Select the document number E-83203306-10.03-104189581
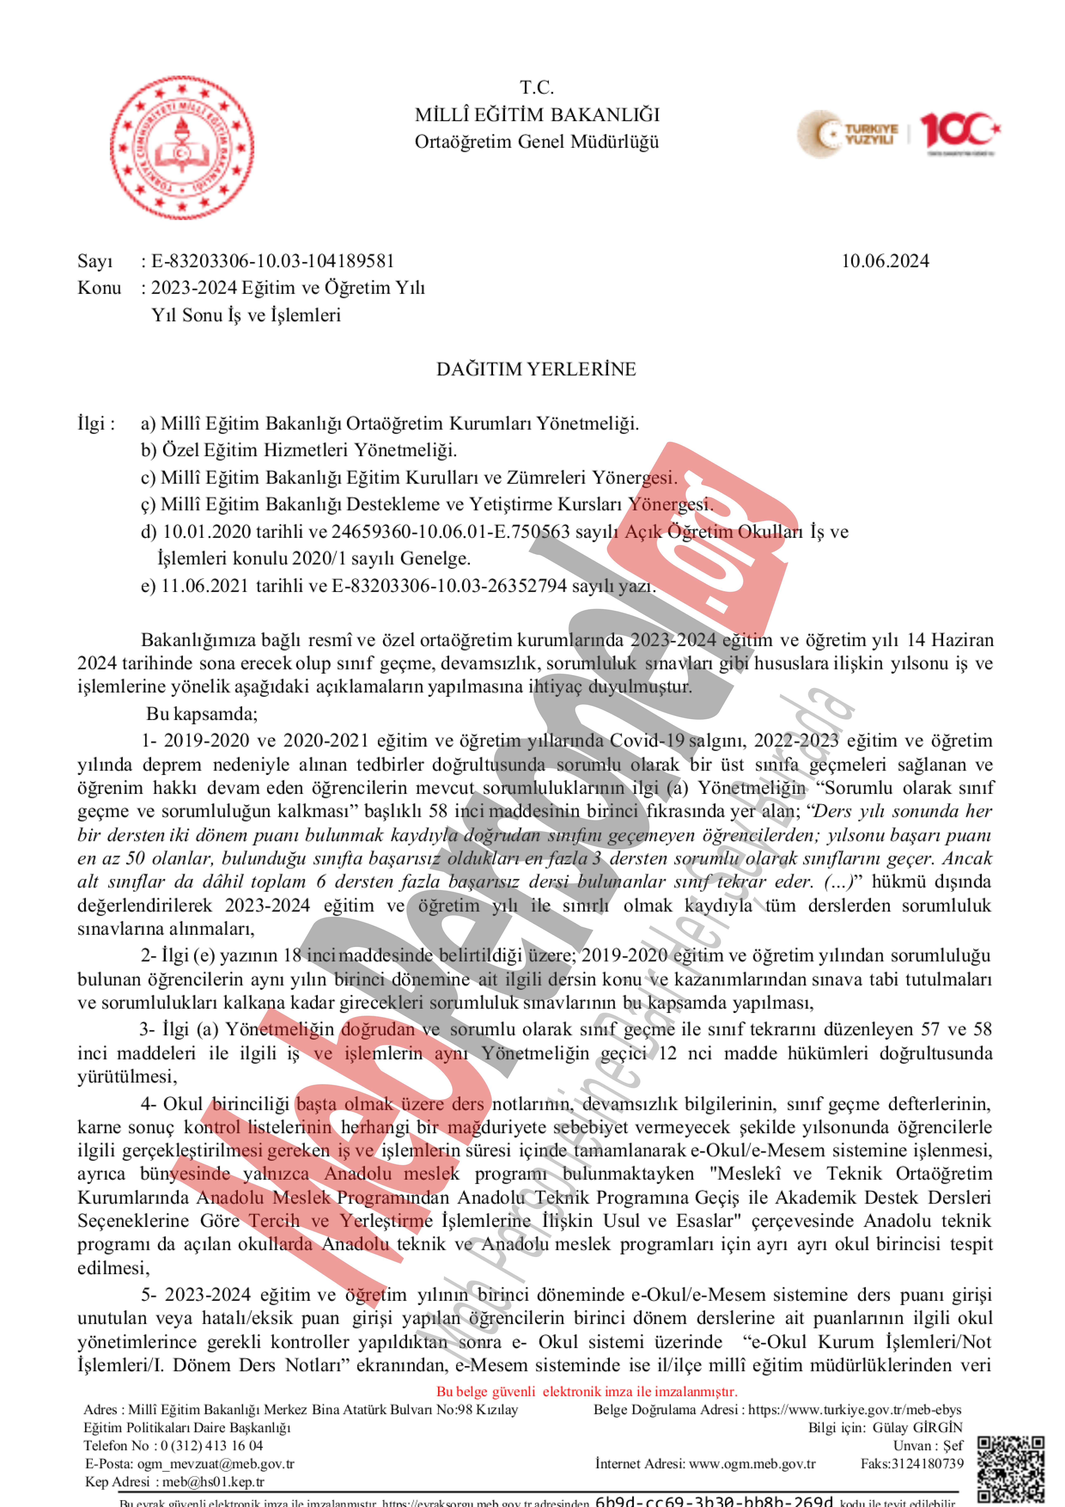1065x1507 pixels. [273, 261]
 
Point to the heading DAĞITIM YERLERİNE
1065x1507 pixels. [536, 370]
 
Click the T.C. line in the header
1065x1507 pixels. [537, 87]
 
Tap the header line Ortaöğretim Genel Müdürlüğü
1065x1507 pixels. [537, 142]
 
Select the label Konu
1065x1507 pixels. [99, 288]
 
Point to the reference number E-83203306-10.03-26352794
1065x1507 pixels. [449, 586]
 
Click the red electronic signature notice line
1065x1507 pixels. [587, 1392]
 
